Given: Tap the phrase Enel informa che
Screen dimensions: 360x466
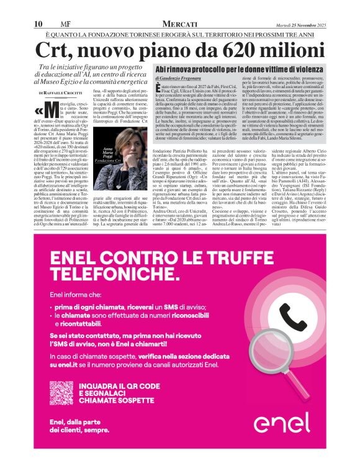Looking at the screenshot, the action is click(x=73, y=294).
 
